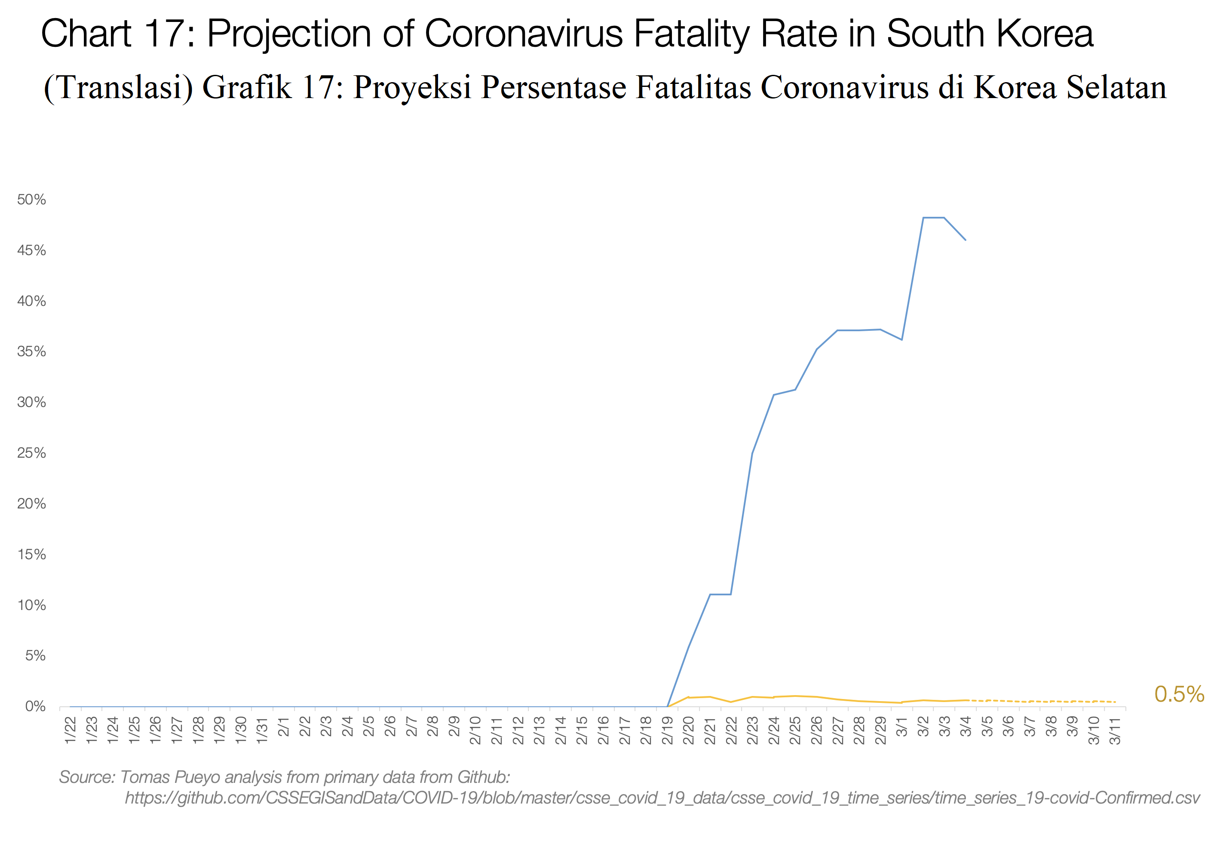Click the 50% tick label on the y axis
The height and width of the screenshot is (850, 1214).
point(32,200)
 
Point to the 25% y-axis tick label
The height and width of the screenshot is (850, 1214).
point(32,453)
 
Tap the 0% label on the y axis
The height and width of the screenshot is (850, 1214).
point(35,707)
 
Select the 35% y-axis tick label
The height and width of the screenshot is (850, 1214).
point(32,352)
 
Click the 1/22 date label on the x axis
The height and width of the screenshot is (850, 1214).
point(71,730)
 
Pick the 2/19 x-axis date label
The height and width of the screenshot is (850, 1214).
point(667,730)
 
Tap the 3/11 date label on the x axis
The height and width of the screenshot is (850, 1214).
point(1115,730)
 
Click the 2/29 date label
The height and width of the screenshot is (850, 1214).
point(880,730)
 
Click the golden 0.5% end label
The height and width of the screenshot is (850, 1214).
point(1179,694)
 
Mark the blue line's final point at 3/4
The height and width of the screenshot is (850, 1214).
point(966,240)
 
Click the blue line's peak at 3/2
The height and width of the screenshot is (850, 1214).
point(923,217)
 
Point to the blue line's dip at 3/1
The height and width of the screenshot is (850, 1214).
point(901,339)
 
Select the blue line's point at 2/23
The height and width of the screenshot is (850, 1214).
point(752,453)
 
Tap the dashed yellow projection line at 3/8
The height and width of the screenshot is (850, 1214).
point(1051,701)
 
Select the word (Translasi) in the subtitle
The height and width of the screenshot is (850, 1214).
point(119,87)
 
